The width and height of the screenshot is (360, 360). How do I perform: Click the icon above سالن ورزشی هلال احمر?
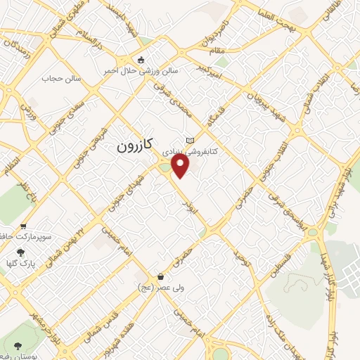pyautogui.click(x=141, y=60)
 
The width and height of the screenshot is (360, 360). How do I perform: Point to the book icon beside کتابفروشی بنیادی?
pyautogui.click(x=189, y=141)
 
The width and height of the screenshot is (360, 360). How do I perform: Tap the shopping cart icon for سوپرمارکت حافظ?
pyautogui.click(x=24, y=226)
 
